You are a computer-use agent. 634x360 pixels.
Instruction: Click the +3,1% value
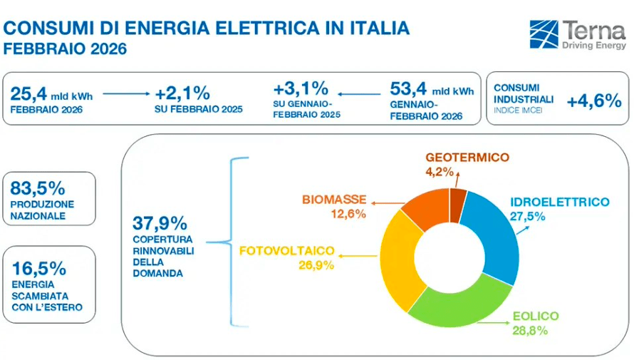pyautogui.click(x=300, y=88)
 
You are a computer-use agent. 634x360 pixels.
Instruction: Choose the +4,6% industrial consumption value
pyautogui.click(x=594, y=101)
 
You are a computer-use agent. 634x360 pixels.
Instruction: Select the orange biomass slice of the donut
pyautogui.click(x=424, y=208)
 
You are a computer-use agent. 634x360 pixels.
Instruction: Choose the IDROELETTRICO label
pyautogui.click(x=559, y=202)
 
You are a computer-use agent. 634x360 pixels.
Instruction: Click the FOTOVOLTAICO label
pyautogui.click(x=287, y=251)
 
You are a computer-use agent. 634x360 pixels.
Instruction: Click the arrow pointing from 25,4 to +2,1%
pyautogui.click(x=128, y=93)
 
